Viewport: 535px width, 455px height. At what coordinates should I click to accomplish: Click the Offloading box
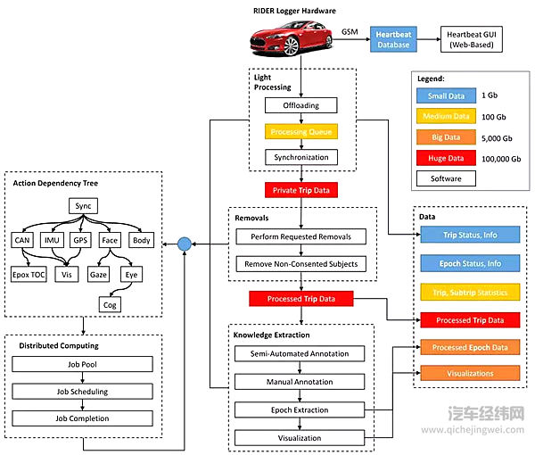coord(302,105)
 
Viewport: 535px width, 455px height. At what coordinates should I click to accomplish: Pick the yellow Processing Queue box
coord(302,131)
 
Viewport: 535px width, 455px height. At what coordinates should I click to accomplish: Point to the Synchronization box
coord(302,157)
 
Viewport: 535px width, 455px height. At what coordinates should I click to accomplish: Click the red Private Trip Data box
coord(302,189)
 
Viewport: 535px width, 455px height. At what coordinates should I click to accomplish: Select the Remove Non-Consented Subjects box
coord(301,264)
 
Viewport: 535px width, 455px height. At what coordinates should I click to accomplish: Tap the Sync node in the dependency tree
coord(82,207)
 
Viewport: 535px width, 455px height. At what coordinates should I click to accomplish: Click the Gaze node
coord(99,275)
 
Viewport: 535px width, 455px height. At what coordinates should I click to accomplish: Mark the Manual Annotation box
coord(301,382)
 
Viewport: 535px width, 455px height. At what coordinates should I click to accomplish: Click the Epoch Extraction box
coord(301,409)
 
